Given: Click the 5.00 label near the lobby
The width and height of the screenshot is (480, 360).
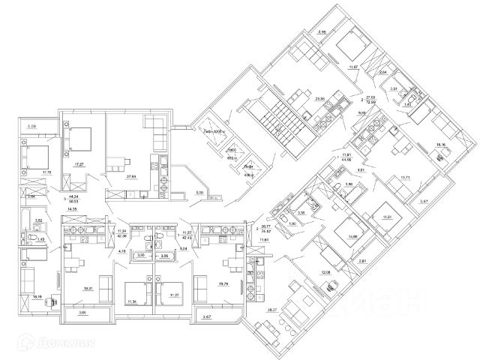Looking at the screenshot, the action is click(x=197, y=193).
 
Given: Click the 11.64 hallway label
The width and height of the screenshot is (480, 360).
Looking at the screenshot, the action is click(x=263, y=238).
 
